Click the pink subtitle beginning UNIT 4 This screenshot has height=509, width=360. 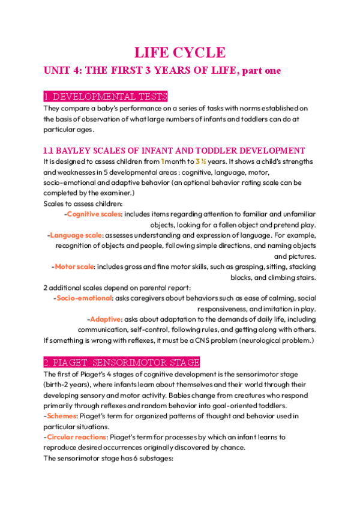tap(162, 71)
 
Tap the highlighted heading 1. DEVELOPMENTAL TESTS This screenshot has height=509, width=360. tap(106, 97)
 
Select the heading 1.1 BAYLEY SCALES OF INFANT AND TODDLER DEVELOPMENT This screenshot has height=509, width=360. tap(175, 150)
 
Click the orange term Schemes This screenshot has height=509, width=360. tap(63, 416)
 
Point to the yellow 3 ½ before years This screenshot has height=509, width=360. tap(201, 161)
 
